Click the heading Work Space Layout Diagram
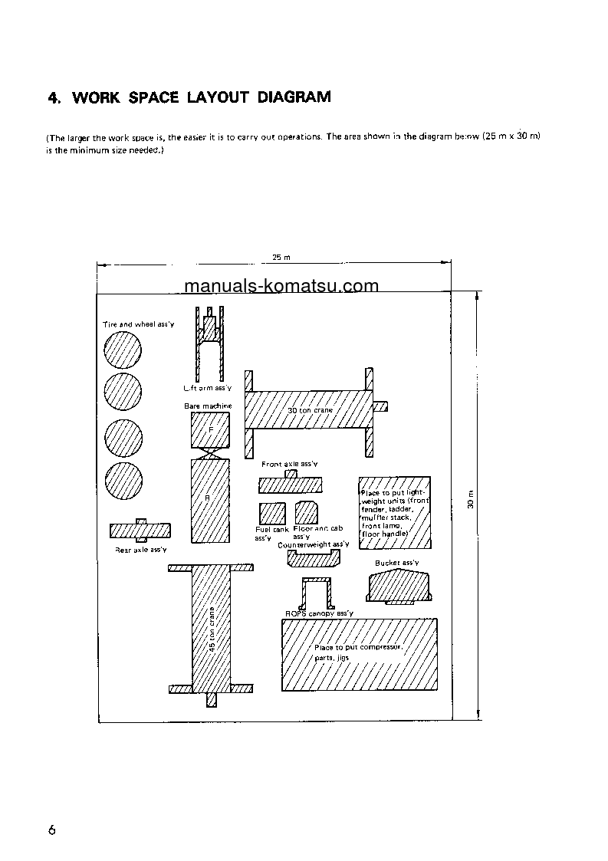point(189,97)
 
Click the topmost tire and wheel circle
point(123,353)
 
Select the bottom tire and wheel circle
point(123,481)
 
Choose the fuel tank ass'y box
point(272,512)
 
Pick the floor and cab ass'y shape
point(307,512)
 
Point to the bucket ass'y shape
point(399,587)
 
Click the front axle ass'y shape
point(291,484)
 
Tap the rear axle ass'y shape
point(140,531)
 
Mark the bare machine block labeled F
point(210,430)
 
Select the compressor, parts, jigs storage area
point(360,653)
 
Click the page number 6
point(51,830)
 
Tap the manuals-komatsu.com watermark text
point(281,287)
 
